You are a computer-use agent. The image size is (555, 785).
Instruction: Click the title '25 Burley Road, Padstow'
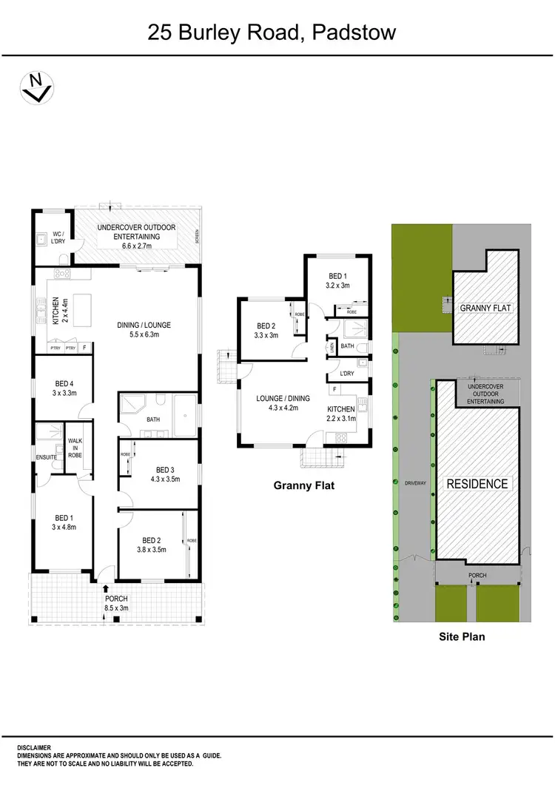272,33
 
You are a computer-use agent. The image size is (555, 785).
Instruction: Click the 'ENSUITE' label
46,457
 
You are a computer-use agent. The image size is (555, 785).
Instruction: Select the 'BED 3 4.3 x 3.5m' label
164,474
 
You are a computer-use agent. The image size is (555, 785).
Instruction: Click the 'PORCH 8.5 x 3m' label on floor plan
116,604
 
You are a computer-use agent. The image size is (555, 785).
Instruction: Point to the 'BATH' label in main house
152,420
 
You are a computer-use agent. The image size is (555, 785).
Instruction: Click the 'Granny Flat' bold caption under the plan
304,485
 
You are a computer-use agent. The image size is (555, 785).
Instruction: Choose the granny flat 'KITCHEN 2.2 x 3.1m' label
342,414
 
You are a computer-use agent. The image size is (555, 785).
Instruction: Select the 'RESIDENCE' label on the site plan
477,484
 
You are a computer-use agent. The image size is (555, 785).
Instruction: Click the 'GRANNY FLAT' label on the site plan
485,308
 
